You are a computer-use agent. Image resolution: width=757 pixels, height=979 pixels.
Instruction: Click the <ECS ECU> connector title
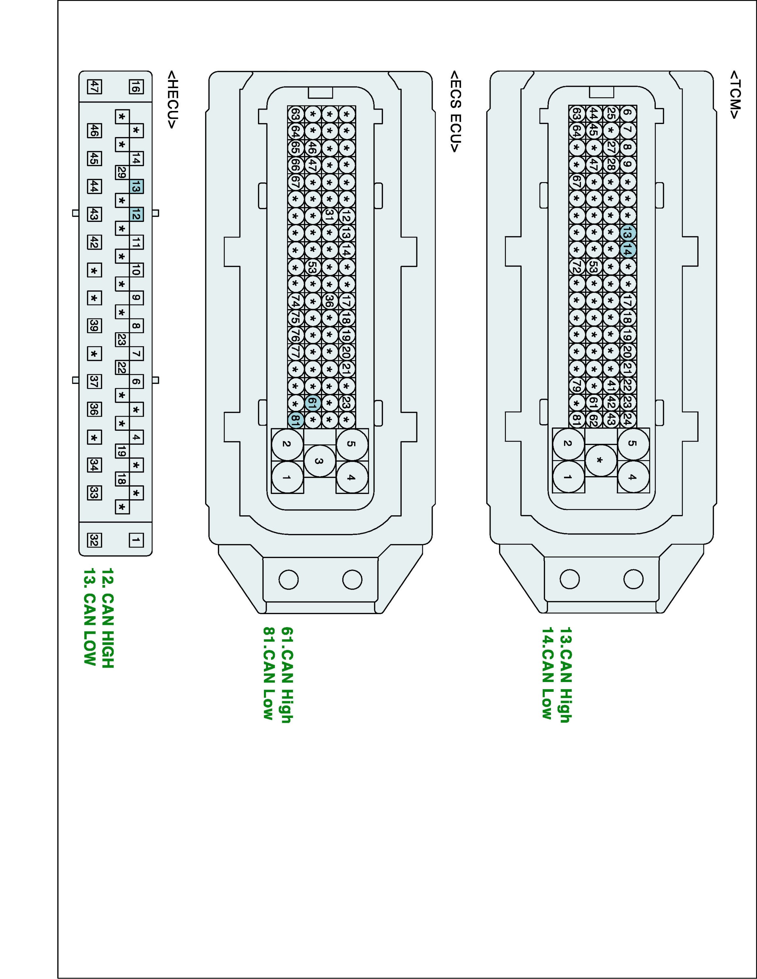[x=455, y=111]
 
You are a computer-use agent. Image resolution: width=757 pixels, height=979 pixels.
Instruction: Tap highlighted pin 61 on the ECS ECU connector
[x=313, y=403]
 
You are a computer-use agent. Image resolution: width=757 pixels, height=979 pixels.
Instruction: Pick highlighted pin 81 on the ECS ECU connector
[x=296, y=420]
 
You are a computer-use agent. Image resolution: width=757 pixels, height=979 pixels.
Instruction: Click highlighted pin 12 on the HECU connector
[x=136, y=215]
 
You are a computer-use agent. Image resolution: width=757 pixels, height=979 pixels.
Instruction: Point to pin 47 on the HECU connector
[x=94, y=86]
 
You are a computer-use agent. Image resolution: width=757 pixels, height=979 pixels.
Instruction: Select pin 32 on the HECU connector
[x=94, y=540]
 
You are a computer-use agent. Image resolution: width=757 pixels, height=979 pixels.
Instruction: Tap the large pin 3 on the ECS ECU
[x=319, y=460]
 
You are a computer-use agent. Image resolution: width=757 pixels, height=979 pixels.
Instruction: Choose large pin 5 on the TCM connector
[x=633, y=443]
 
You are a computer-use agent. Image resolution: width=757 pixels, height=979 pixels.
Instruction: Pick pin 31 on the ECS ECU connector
[x=330, y=216]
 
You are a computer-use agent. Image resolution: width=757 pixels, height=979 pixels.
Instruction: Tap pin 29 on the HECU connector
[x=121, y=172]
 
